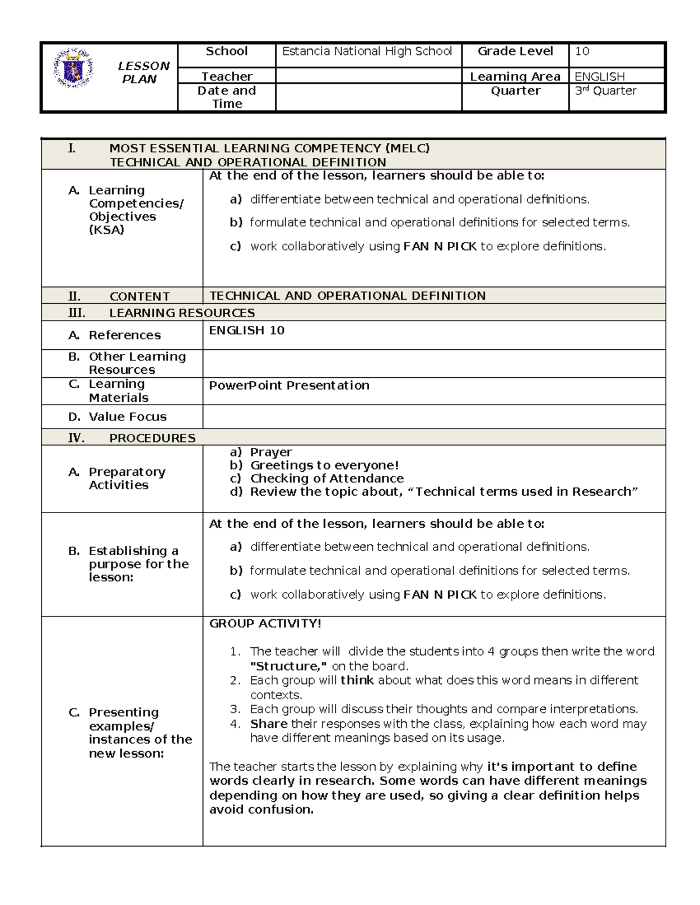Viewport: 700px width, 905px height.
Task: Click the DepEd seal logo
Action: pyautogui.click(x=72, y=69)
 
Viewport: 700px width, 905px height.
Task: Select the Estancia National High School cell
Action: pyautogui.click(x=367, y=51)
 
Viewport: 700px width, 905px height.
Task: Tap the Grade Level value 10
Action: pyautogui.click(x=582, y=51)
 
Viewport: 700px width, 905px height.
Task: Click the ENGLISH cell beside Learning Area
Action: pyautogui.click(x=599, y=76)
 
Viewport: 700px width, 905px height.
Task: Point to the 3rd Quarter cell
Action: pyautogui.click(x=605, y=91)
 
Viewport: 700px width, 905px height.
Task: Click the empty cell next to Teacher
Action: pyautogui.click(x=367, y=76)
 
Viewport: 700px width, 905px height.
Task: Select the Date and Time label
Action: pyautogui.click(x=226, y=97)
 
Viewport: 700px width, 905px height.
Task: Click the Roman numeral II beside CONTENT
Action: pyautogui.click(x=75, y=296)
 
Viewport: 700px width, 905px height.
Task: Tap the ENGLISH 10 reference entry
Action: pyautogui.click(x=247, y=331)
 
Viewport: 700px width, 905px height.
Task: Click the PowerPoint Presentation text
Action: pyautogui.click(x=289, y=385)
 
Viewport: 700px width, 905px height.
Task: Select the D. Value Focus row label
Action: pyautogui.click(x=117, y=417)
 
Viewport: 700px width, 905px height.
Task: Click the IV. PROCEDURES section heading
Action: pyautogui.click(x=132, y=438)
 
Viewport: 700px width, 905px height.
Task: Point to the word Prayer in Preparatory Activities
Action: pyautogui.click(x=271, y=452)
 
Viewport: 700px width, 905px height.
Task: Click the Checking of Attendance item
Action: pyautogui.click(x=327, y=478)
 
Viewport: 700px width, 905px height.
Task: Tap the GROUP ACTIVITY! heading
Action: pyautogui.click(x=265, y=623)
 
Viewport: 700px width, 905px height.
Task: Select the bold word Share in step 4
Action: pyautogui.click(x=268, y=724)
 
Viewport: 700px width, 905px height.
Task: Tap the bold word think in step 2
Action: pyautogui.click(x=357, y=680)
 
